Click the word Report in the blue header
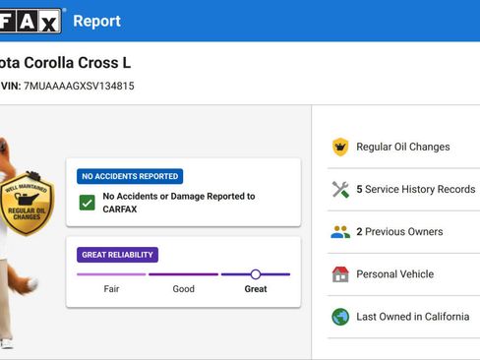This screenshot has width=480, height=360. tap(96, 22)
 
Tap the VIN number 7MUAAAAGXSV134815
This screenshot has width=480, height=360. tap(79, 86)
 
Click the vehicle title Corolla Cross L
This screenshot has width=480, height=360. tap(78, 63)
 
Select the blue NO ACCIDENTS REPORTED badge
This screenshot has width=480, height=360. tap(130, 176)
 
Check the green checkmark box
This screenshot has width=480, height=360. tap(88, 203)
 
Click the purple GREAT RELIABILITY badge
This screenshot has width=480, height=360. tap(117, 255)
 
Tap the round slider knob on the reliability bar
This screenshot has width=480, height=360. tap(256, 274)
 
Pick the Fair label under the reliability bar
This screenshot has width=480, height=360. tap(111, 289)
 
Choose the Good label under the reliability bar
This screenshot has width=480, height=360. tap(184, 289)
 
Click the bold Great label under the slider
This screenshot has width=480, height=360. tap(256, 289)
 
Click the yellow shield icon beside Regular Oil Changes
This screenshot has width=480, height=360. tap(340, 147)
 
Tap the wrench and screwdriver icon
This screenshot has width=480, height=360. tap(340, 189)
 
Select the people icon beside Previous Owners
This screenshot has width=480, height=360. tap(340, 232)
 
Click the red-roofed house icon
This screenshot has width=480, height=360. tap(340, 274)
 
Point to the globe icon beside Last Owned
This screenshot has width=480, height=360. tap(340, 317)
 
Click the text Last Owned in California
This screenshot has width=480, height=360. tap(413, 317)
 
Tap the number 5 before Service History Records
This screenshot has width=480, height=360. tap(359, 189)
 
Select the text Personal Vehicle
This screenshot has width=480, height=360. tap(395, 274)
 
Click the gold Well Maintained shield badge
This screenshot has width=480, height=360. tap(27, 204)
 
